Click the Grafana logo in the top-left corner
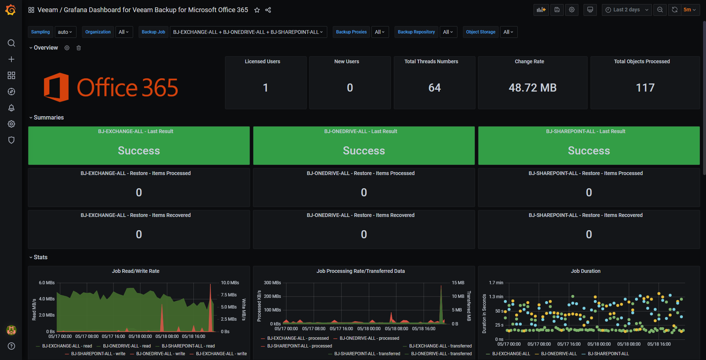pos(11,10)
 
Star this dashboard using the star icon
pos(257,10)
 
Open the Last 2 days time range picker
pos(627,10)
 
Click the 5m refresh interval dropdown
pos(689,10)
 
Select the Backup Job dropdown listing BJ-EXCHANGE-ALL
pos(248,32)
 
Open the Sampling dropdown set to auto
pos(65,32)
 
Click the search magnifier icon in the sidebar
pos(11,43)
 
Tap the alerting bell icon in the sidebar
pos(11,108)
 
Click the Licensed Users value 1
pos(265,88)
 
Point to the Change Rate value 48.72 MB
pos(532,88)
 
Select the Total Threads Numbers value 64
pos(434,88)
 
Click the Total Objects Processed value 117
pos(645,88)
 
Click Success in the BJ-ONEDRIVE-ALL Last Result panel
pos(364,150)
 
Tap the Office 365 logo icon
pos(56,87)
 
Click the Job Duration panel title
pos(585,271)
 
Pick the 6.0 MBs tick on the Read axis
pos(47,283)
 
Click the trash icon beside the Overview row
pos(79,48)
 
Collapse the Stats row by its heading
pos(40,257)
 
